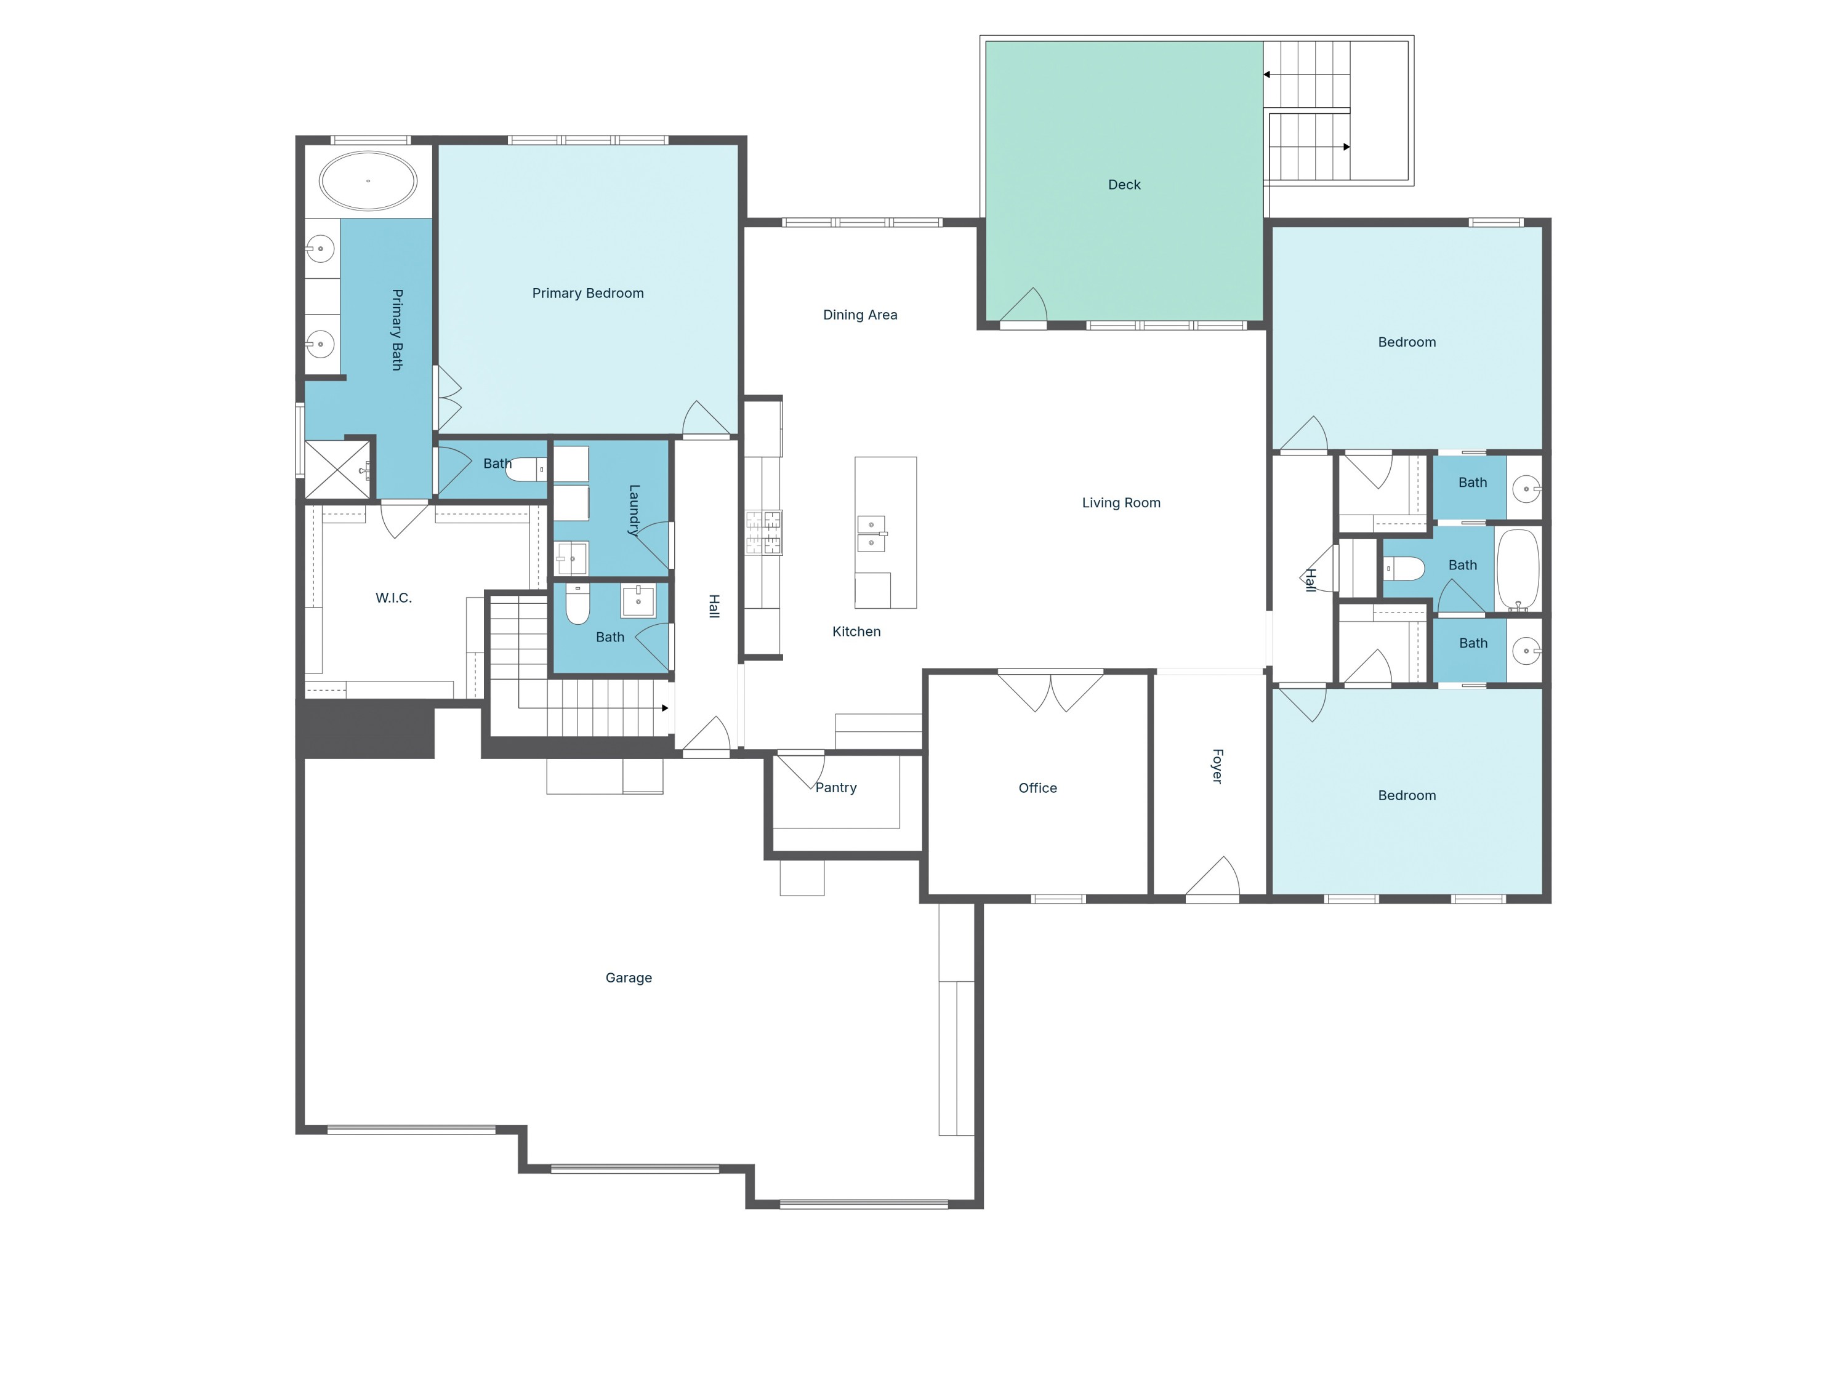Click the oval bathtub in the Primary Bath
pyautogui.click(x=368, y=180)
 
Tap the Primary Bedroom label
pyautogui.click(x=588, y=293)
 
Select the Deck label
pyautogui.click(x=1124, y=185)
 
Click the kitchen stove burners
pyautogui.click(x=763, y=532)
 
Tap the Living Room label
pyautogui.click(x=1121, y=502)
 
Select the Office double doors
pyautogui.click(x=1050, y=691)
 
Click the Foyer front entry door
pyautogui.click(x=1215, y=878)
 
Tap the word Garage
pyautogui.click(x=628, y=978)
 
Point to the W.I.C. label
pyautogui.click(x=393, y=598)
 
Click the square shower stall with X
pyautogui.click(x=337, y=470)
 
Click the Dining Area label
pyautogui.click(x=860, y=315)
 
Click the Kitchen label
pyautogui.click(x=856, y=631)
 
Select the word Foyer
pyautogui.click(x=1217, y=766)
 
